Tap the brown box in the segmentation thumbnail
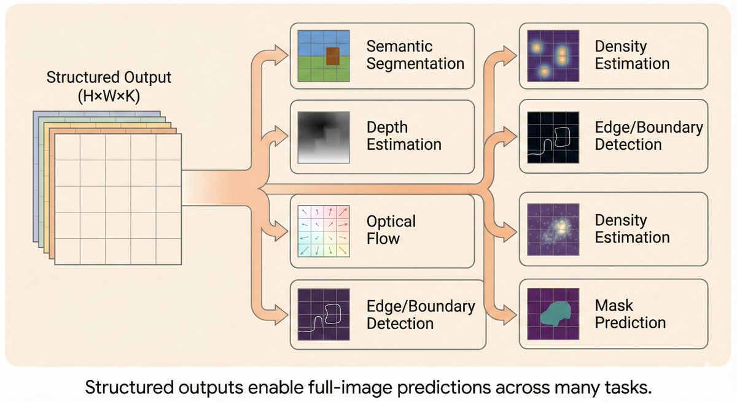(x=332, y=56)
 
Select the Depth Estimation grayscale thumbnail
(x=324, y=136)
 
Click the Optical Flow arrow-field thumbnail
(x=324, y=230)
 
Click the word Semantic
(x=400, y=46)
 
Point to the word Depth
(x=387, y=128)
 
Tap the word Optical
(x=391, y=221)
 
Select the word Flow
(x=383, y=238)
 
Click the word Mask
(x=614, y=305)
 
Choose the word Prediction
(x=630, y=322)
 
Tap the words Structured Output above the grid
(x=109, y=78)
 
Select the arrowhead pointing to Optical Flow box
(x=283, y=233)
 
